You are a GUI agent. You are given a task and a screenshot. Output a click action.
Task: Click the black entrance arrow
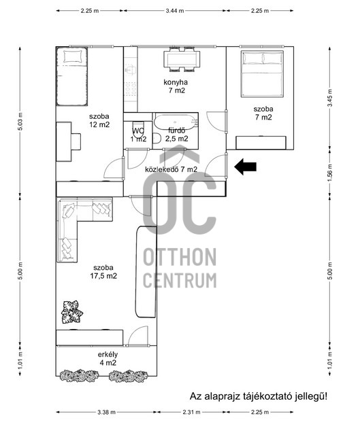[x=245, y=167]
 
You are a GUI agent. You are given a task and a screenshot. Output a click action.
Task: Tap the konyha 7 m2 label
[x=176, y=86]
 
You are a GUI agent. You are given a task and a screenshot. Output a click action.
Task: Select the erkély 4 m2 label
[x=108, y=359]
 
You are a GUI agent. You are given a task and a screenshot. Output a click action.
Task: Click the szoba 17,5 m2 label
[x=103, y=272]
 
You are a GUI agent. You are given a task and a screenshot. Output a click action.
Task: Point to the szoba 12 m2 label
[x=99, y=120]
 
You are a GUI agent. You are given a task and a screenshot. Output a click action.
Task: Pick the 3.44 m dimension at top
[x=175, y=11]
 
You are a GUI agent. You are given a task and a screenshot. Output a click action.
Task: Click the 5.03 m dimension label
[x=20, y=122]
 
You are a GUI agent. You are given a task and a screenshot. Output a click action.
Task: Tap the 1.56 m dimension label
[x=330, y=173]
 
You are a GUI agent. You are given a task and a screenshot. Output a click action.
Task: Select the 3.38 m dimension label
[x=106, y=413]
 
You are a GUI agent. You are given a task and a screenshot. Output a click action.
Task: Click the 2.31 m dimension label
[x=191, y=413]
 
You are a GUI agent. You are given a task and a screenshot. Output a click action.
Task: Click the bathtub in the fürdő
[x=176, y=122]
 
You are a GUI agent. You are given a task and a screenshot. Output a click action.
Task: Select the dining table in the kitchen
[x=181, y=59]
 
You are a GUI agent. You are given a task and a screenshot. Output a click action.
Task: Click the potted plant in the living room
[x=72, y=312]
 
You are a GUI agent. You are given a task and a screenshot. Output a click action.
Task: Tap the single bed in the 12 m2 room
[x=72, y=76]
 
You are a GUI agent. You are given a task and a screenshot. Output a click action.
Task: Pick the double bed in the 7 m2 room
[x=262, y=73]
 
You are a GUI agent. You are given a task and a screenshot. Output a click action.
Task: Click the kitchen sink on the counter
[x=130, y=70]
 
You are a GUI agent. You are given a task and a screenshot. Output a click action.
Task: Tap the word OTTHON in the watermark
[x=180, y=257]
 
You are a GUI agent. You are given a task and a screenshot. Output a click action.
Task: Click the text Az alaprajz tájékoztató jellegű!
[x=259, y=396]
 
